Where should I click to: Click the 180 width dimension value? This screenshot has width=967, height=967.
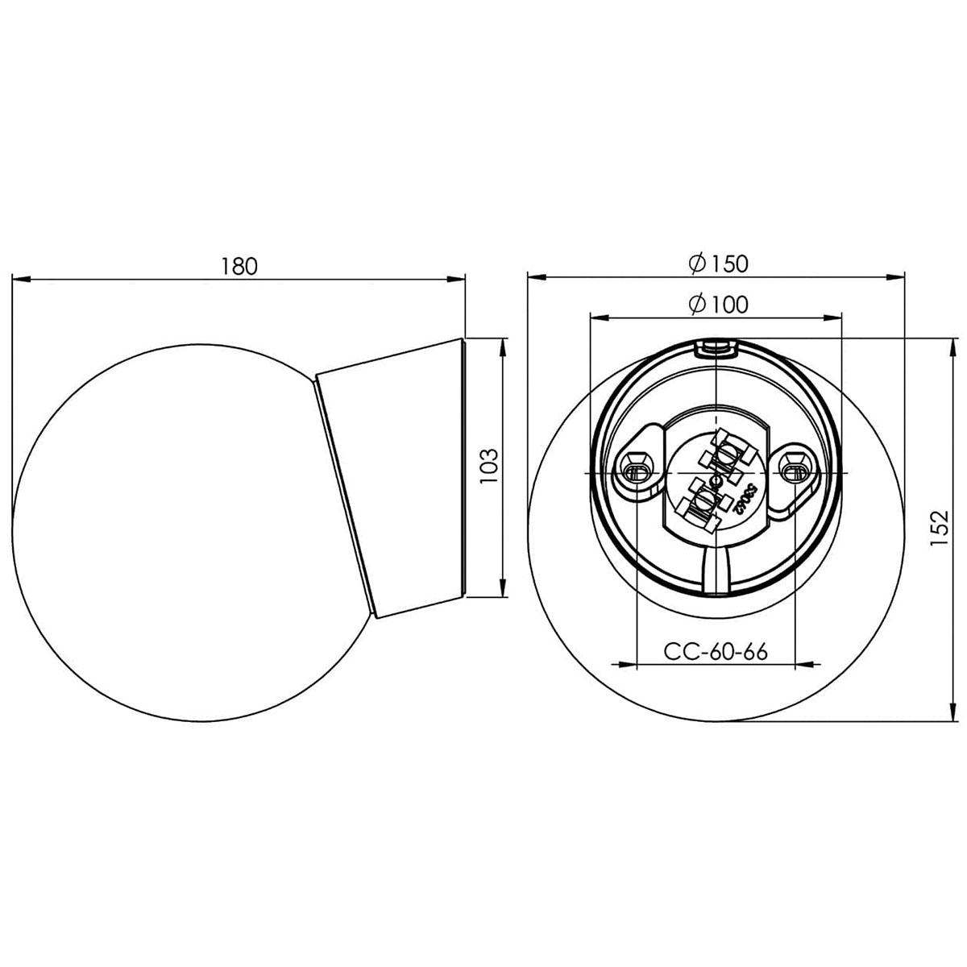[x=239, y=265]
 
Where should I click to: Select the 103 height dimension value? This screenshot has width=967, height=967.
[x=487, y=467]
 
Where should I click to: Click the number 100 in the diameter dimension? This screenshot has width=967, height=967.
[x=730, y=304]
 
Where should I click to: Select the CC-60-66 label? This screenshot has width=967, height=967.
[x=714, y=650]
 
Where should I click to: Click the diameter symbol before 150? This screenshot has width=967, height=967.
[x=698, y=263]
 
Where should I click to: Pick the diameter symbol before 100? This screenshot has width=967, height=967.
[x=698, y=304]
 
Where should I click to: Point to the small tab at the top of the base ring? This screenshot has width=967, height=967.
[x=716, y=347]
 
